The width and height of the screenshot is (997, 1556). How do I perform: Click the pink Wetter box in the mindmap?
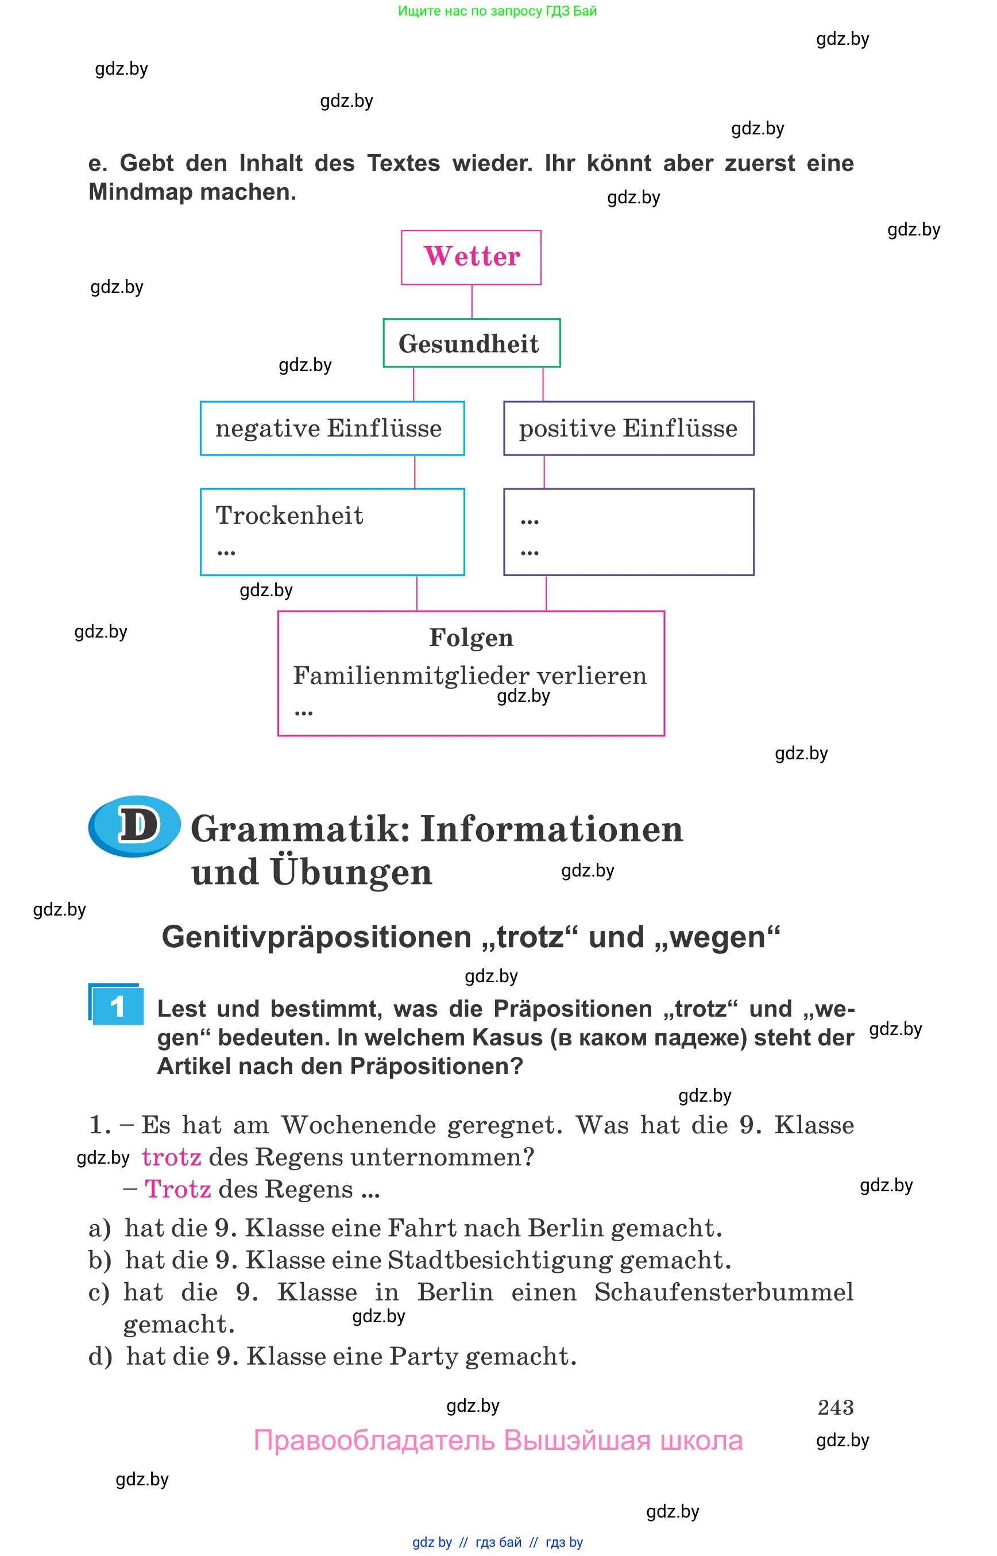point(471,257)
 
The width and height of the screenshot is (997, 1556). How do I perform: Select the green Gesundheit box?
point(472,343)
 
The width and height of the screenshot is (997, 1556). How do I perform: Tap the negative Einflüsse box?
point(332,428)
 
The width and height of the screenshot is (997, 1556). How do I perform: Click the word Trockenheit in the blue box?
point(289,515)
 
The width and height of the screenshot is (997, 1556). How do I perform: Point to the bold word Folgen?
point(471,638)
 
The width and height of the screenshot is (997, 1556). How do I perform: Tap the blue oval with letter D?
point(134,825)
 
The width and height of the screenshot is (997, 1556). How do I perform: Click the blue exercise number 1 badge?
point(117,1006)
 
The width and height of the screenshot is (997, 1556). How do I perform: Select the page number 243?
point(835,1407)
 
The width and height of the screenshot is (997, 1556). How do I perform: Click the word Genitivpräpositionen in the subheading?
point(317,937)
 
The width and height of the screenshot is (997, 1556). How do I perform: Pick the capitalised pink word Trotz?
point(177,1189)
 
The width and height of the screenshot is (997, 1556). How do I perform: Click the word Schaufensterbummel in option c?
point(724,1292)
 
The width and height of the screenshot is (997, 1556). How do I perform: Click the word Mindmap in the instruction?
point(141,192)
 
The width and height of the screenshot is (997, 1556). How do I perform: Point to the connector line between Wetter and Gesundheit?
point(472,302)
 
